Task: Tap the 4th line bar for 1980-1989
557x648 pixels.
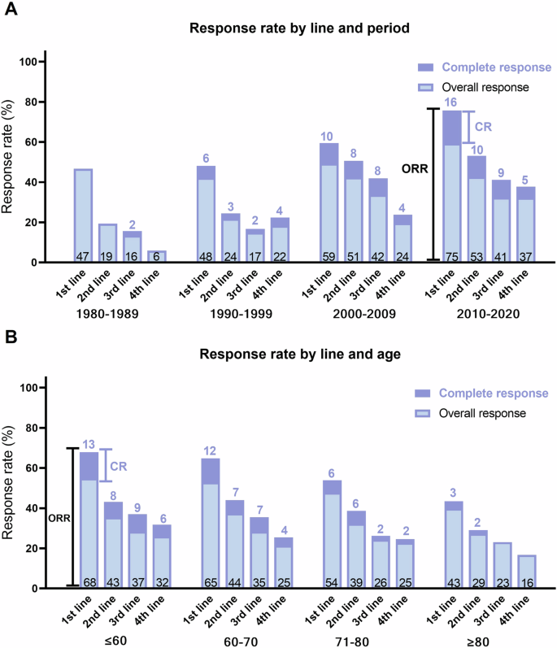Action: click(156, 256)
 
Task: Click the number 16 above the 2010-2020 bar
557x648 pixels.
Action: click(451, 102)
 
